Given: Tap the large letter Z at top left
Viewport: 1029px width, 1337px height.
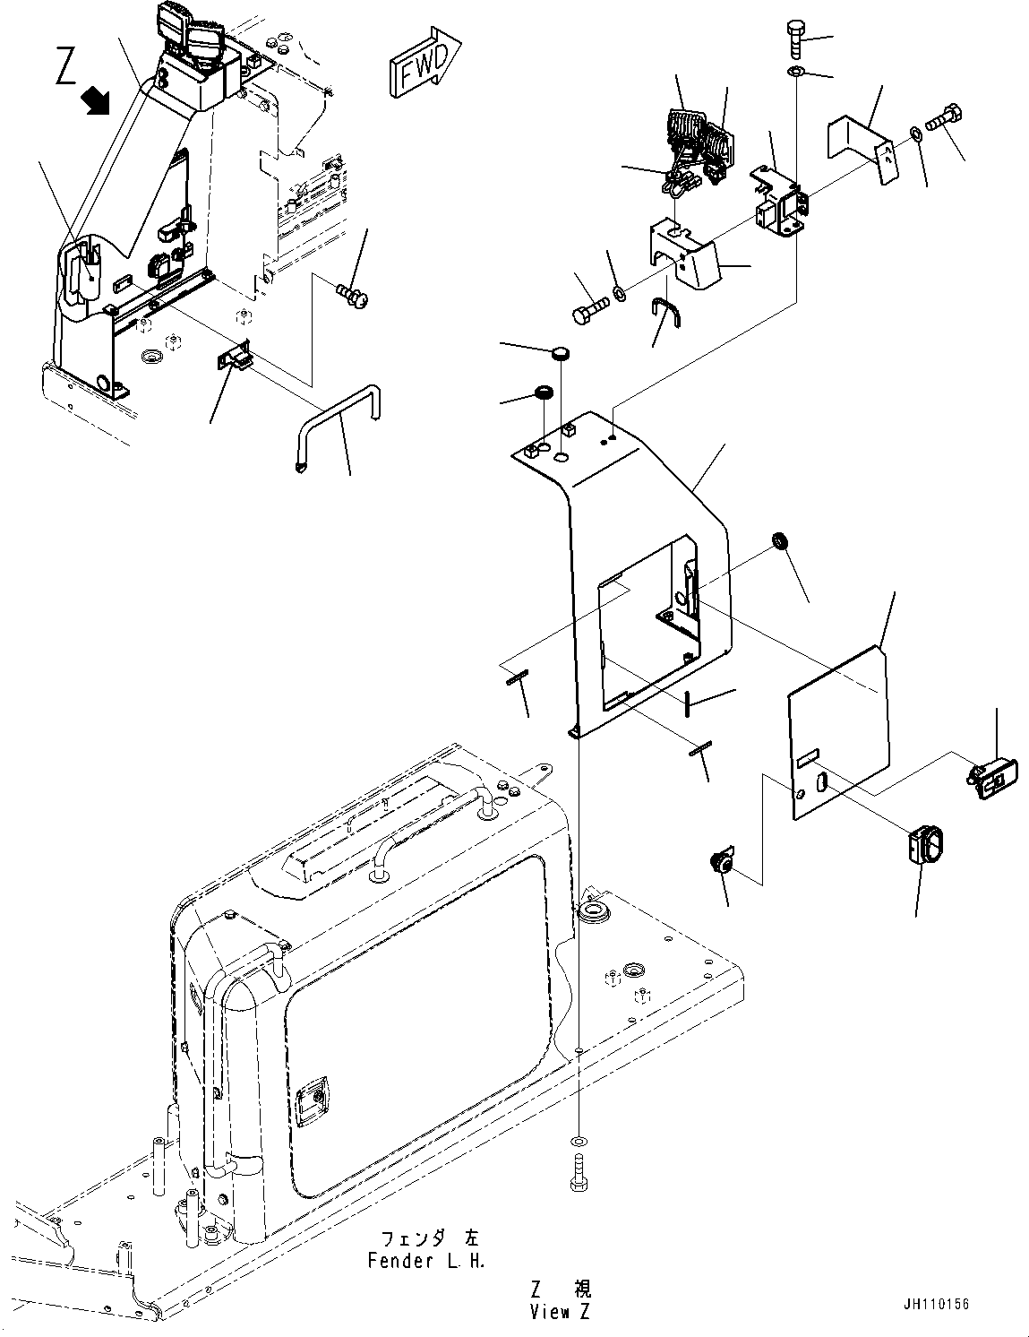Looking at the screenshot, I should coord(66,67).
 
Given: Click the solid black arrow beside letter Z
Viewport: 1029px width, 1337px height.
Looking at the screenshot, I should coord(96,100).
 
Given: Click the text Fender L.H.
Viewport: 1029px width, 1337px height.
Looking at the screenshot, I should coord(426,1262).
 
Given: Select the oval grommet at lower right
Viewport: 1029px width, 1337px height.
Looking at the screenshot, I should coord(922,846).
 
